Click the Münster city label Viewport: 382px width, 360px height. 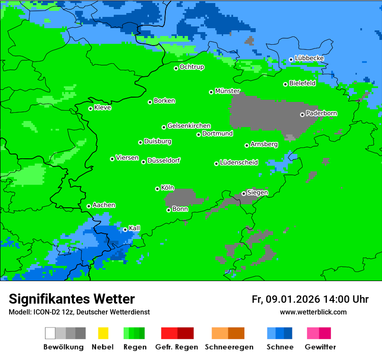point(227,91)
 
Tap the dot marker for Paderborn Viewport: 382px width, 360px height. point(302,115)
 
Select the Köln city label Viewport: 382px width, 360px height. point(168,188)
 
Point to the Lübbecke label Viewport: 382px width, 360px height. point(309,58)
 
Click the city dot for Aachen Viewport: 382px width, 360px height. point(89,206)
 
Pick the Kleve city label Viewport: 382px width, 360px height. point(102,108)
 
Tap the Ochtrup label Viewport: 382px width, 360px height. point(192,67)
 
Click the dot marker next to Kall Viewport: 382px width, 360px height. point(125,229)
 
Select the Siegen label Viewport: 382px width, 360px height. point(257,193)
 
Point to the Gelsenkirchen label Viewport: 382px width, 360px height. point(189,126)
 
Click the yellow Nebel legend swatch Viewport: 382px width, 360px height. point(103,333)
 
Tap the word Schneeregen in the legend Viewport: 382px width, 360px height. point(229,347)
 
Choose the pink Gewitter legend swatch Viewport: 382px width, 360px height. point(313,333)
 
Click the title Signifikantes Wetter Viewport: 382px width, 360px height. point(72,299)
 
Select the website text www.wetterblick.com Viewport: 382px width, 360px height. point(313,312)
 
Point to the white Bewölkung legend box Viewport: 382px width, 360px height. point(50,333)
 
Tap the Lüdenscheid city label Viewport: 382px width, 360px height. point(239,163)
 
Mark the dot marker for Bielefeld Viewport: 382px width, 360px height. point(286,84)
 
